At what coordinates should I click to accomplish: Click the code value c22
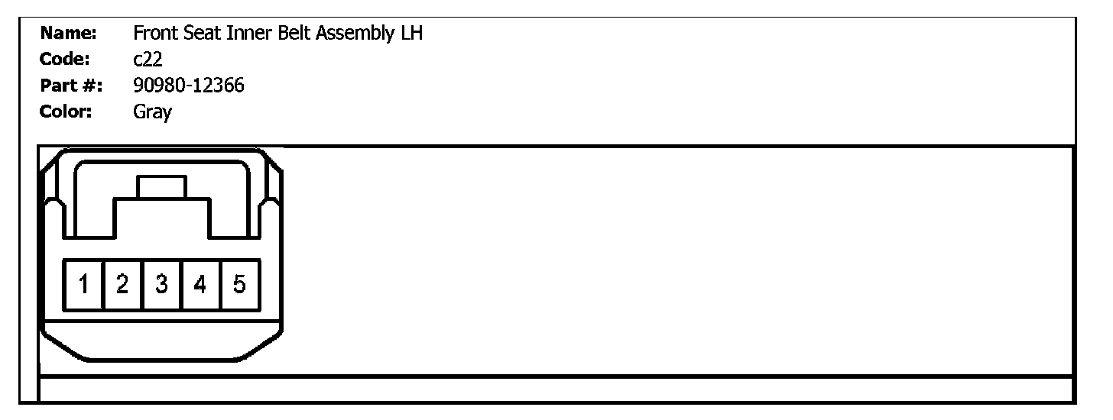pos(148,60)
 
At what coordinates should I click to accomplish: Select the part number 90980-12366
pos(189,86)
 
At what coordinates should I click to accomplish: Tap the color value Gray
pos(152,112)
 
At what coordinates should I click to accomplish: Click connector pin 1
pos(83,285)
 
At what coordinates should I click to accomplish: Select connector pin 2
pos(122,285)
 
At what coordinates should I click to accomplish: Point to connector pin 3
pos(162,285)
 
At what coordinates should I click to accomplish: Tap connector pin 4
pos(200,285)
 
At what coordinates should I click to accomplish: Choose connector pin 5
pos(239,285)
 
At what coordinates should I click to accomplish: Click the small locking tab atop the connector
pos(161,187)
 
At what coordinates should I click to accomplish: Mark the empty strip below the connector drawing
pos(556,388)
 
